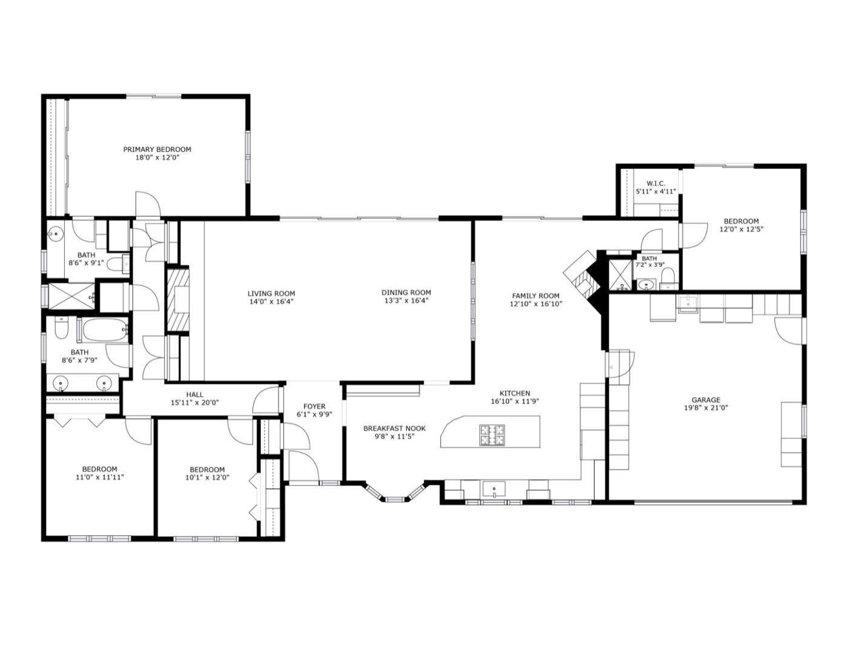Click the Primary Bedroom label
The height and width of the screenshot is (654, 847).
coord(157,150)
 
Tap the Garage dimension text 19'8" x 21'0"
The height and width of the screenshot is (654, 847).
coord(706,408)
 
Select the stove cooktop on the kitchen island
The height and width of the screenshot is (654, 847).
coord(492,435)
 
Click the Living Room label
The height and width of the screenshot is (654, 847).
coord(271,294)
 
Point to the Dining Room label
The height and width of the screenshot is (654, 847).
coord(406,292)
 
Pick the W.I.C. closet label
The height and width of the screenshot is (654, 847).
coord(656,183)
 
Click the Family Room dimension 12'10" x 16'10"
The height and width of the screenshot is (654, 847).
coord(536,304)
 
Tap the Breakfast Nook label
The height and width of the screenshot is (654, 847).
coord(395,428)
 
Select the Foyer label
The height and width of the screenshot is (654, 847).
coord(314,406)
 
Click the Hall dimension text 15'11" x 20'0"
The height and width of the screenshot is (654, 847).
coord(194,403)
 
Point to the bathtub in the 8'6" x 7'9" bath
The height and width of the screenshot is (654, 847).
coord(105,330)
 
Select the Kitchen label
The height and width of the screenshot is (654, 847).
coord(515,393)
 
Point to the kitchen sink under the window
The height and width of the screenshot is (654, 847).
coord(494,488)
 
